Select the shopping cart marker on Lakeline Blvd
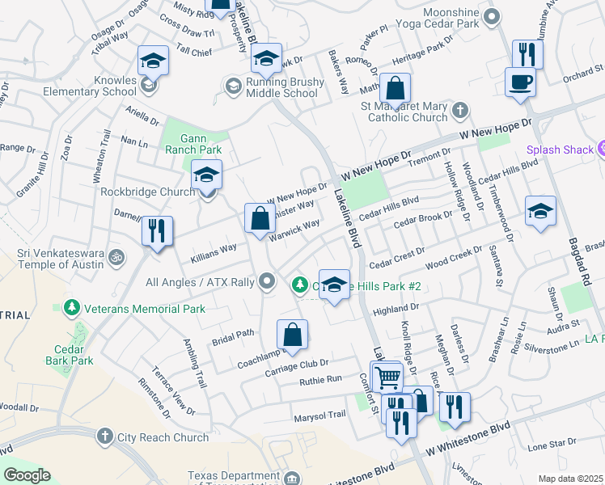[x=387, y=377]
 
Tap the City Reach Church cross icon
[x=104, y=437]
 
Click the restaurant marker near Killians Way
[x=157, y=231]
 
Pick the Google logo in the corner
[x=27, y=475]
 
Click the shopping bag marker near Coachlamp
[x=292, y=335]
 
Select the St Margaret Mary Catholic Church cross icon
[x=459, y=110]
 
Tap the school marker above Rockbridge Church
[x=206, y=175]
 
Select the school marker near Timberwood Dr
[x=539, y=212]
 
